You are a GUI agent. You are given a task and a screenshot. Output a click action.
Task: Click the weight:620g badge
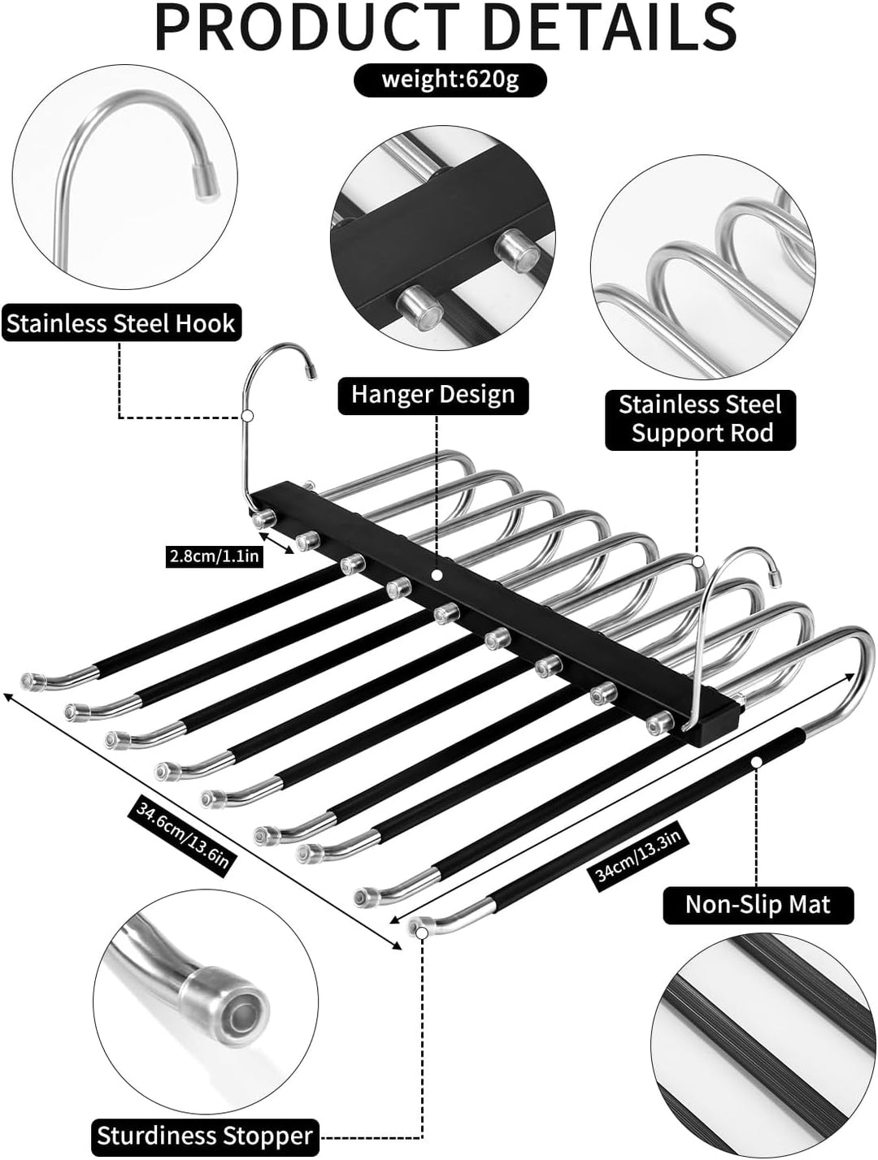tap(450, 80)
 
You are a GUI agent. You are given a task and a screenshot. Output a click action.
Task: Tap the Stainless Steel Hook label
tap(121, 322)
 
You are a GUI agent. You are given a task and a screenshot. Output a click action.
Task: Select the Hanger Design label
tap(433, 395)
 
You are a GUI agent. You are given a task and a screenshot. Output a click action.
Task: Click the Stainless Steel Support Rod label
tap(700, 420)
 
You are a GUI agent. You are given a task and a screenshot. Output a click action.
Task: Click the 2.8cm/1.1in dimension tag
tap(214, 557)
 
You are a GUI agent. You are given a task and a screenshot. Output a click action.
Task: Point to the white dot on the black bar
tap(437, 574)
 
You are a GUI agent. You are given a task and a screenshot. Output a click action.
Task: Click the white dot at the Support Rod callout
tap(698, 561)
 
